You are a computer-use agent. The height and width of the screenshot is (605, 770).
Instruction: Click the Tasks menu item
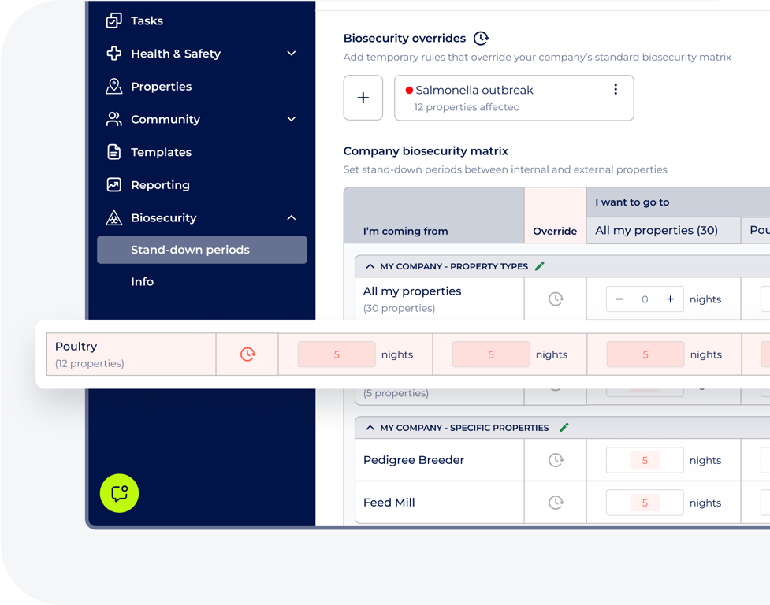click(x=147, y=21)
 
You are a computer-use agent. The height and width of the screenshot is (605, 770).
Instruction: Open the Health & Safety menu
click(x=175, y=54)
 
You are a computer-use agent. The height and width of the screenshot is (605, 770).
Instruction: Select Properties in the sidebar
click(x=161, y=87)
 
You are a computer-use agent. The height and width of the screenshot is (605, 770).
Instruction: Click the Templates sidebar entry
click(x=161, y=152)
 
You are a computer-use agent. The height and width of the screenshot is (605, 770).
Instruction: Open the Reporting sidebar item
click(x=160, y=185)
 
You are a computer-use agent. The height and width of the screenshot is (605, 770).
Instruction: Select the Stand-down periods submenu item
click(x=190, y=250)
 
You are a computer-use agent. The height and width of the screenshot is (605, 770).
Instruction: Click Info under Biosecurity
click(x=143, y=282)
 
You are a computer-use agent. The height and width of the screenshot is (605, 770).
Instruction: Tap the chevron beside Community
click(x=292, y=120)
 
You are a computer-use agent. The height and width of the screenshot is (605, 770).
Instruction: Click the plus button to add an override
click(x=363, y=98)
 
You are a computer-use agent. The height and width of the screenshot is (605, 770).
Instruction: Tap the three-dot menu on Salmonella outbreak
click(x=616, y=90)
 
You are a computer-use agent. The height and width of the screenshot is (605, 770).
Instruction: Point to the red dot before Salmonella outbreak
click(x=409, y=91)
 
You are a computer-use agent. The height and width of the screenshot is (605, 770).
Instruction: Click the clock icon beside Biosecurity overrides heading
click(x=481, y=38)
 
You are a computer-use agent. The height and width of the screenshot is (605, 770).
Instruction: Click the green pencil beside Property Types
click(x=540, y=266)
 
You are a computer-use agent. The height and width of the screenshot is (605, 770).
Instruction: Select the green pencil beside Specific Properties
click(x=564, y=428)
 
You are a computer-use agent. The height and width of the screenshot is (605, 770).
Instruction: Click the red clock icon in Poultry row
click(x=247, y=354)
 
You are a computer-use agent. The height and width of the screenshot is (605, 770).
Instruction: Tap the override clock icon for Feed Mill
click(x=556, y=503)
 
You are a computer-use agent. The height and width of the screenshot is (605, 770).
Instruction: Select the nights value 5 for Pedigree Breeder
click(x=645, y=460)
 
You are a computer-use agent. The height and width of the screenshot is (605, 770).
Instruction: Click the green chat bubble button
click(x=120, y=493)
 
